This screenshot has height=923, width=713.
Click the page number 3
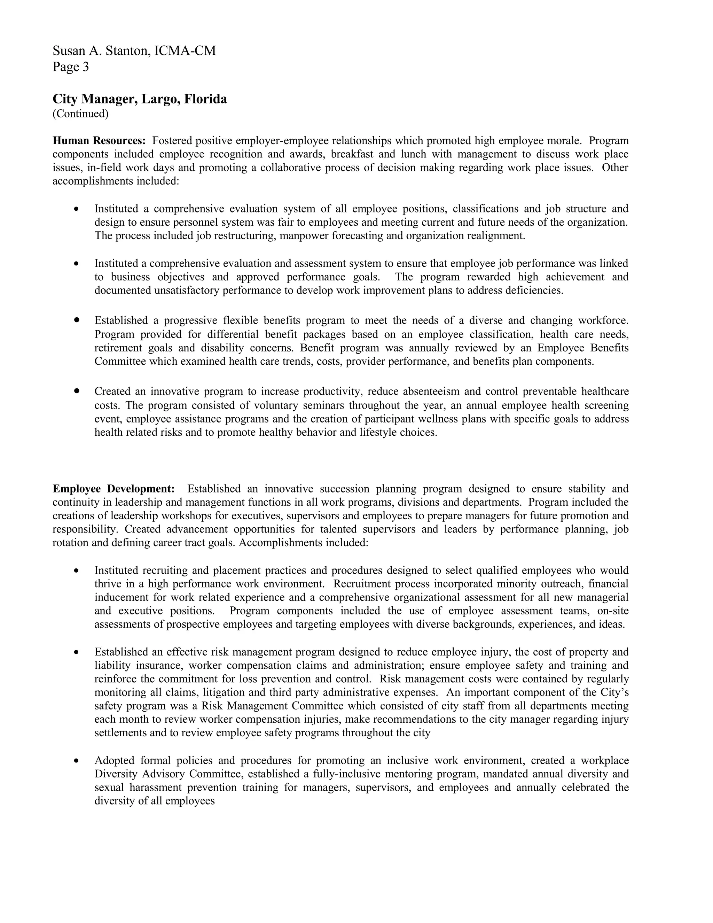coord(85,67)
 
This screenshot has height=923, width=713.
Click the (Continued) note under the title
coord(80,114)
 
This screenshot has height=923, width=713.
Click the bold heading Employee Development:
coord(113,489)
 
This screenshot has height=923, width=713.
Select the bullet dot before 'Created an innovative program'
coord(77,391)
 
